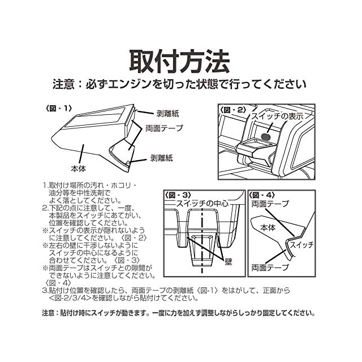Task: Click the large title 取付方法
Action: [x=180, y=62]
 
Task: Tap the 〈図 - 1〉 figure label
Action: [x=59, y=109]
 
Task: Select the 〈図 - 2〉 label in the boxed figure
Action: [x=233, y=110]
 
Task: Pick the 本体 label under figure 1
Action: [x=79, y=169]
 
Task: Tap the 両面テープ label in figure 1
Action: [x=164, y=128]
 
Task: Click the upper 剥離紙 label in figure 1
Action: [x=167, y=113]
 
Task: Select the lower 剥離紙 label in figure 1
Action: [x=161, y=158]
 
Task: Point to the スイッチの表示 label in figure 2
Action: [x=277, y=117]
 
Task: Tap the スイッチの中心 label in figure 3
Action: [x=202, y=204]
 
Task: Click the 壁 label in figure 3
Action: [x=228, y=262]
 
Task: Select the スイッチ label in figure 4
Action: [x=301, y=244]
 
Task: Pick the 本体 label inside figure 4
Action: [x=268, y=227]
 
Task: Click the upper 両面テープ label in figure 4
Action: [x=270, y=204]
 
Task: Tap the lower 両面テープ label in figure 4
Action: [x=270, y=268]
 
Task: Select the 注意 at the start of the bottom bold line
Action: [x=48, y=313]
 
